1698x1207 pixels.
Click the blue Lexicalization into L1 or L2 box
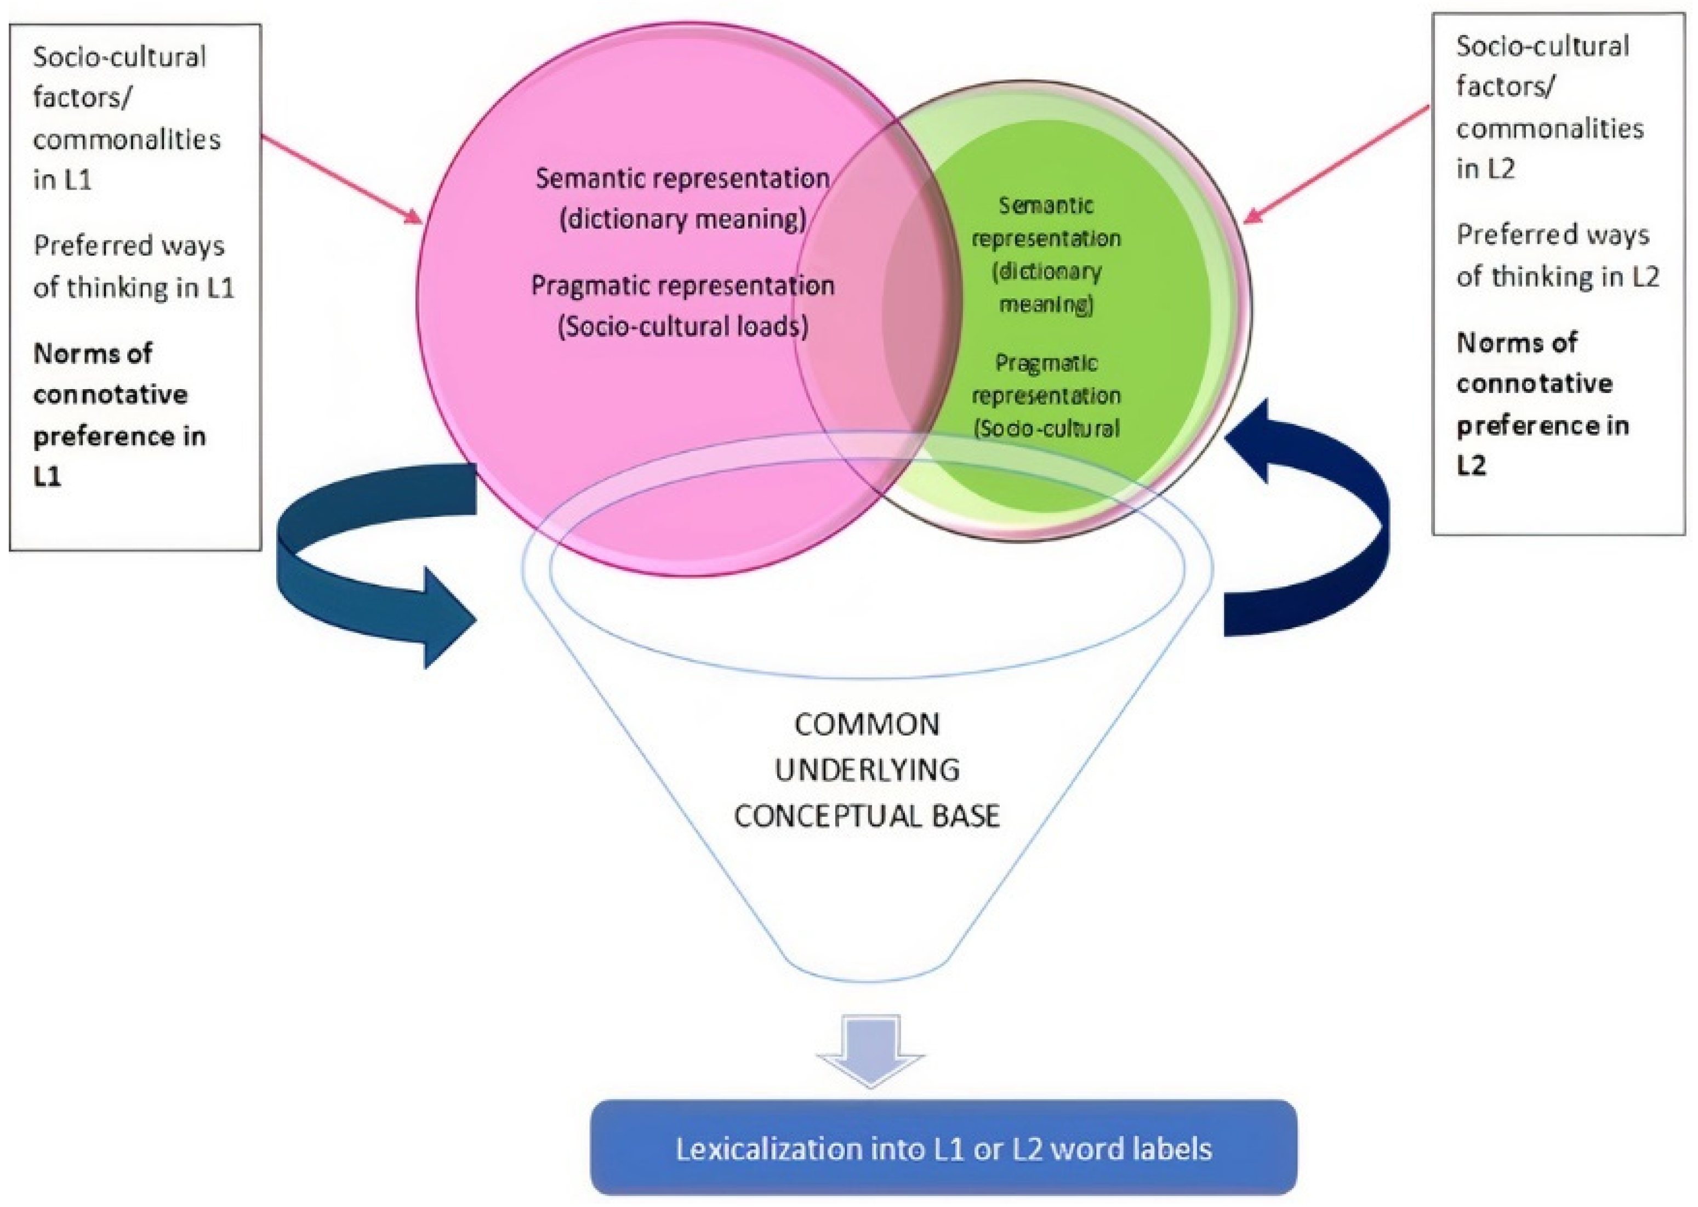(x=943, y=1148)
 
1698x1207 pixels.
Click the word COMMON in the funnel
(x=867, y=725)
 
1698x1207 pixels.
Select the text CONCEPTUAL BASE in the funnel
(x=867, y=816)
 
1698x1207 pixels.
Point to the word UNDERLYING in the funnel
(x=867, y=770)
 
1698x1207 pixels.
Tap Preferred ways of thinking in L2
(x=1556, y=255)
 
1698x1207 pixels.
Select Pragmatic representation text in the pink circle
(x=682, y=286)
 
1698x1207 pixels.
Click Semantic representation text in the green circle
(x=1046, y=221)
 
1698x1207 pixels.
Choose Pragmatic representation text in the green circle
(x=1046, y=379)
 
